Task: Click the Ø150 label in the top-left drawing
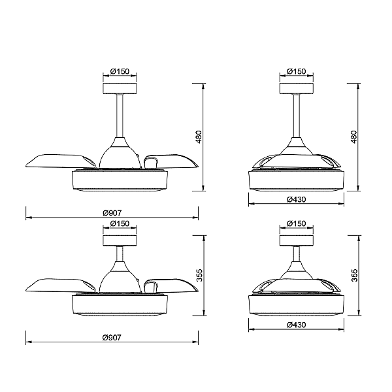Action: [120, 71]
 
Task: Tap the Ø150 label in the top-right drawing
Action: [296, 71]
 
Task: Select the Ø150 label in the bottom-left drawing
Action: [120, 223]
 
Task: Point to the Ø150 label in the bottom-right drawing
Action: [296, 223]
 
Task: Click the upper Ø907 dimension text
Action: [112, 213]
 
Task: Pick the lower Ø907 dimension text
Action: [112, 338]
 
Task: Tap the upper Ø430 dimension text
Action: [296, 199]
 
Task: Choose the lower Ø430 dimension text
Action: [296, 325]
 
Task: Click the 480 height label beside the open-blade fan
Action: [199, 137]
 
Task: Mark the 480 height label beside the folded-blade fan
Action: [353, 137]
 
